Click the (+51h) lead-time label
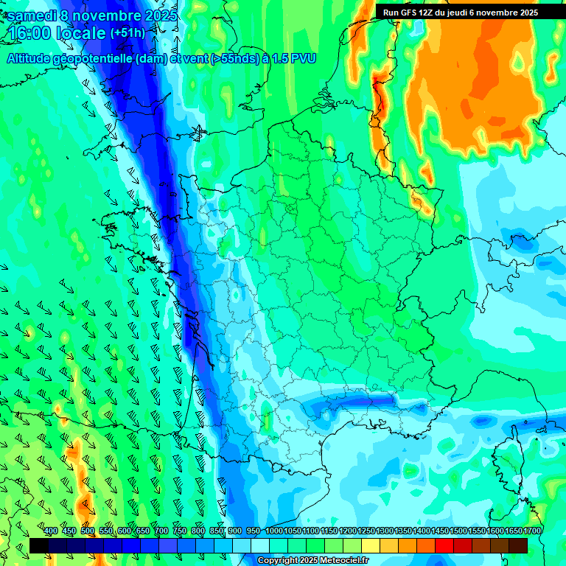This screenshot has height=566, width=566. (127, 32)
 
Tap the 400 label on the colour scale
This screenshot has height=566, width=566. (51, 531)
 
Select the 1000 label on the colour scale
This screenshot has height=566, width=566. (273, 531)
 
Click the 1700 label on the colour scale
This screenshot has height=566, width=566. (531, 531)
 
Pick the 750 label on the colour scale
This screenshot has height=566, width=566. (180, 531)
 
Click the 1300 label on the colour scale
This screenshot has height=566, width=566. (384, 531)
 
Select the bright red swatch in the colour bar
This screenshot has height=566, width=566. (444, 545)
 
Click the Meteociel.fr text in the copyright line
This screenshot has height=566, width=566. (349, 561)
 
